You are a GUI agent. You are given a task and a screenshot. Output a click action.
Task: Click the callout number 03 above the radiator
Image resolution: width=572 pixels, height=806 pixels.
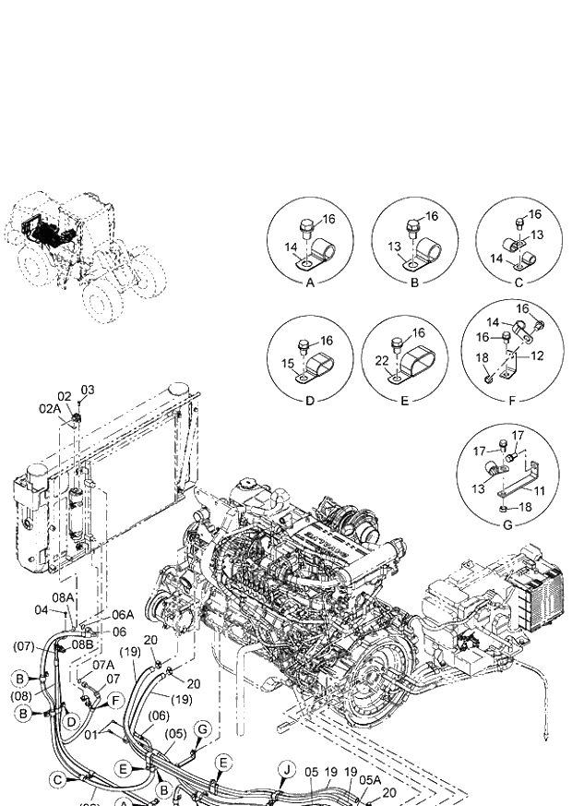(88, 390)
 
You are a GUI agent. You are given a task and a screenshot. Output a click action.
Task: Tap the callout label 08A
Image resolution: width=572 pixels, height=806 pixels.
(63, 598)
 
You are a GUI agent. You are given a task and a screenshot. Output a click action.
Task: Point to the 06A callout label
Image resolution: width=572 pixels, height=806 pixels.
(123, 615)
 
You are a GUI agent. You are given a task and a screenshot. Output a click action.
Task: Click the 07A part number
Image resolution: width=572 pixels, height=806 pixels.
(101, 665)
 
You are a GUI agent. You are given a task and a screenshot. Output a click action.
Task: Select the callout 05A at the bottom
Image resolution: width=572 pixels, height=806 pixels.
(370, 779)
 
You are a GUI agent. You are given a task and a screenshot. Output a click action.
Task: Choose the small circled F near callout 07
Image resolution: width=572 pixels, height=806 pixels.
(116, 700)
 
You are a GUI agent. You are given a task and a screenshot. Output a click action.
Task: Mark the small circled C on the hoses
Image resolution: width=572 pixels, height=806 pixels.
(58, 780)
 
